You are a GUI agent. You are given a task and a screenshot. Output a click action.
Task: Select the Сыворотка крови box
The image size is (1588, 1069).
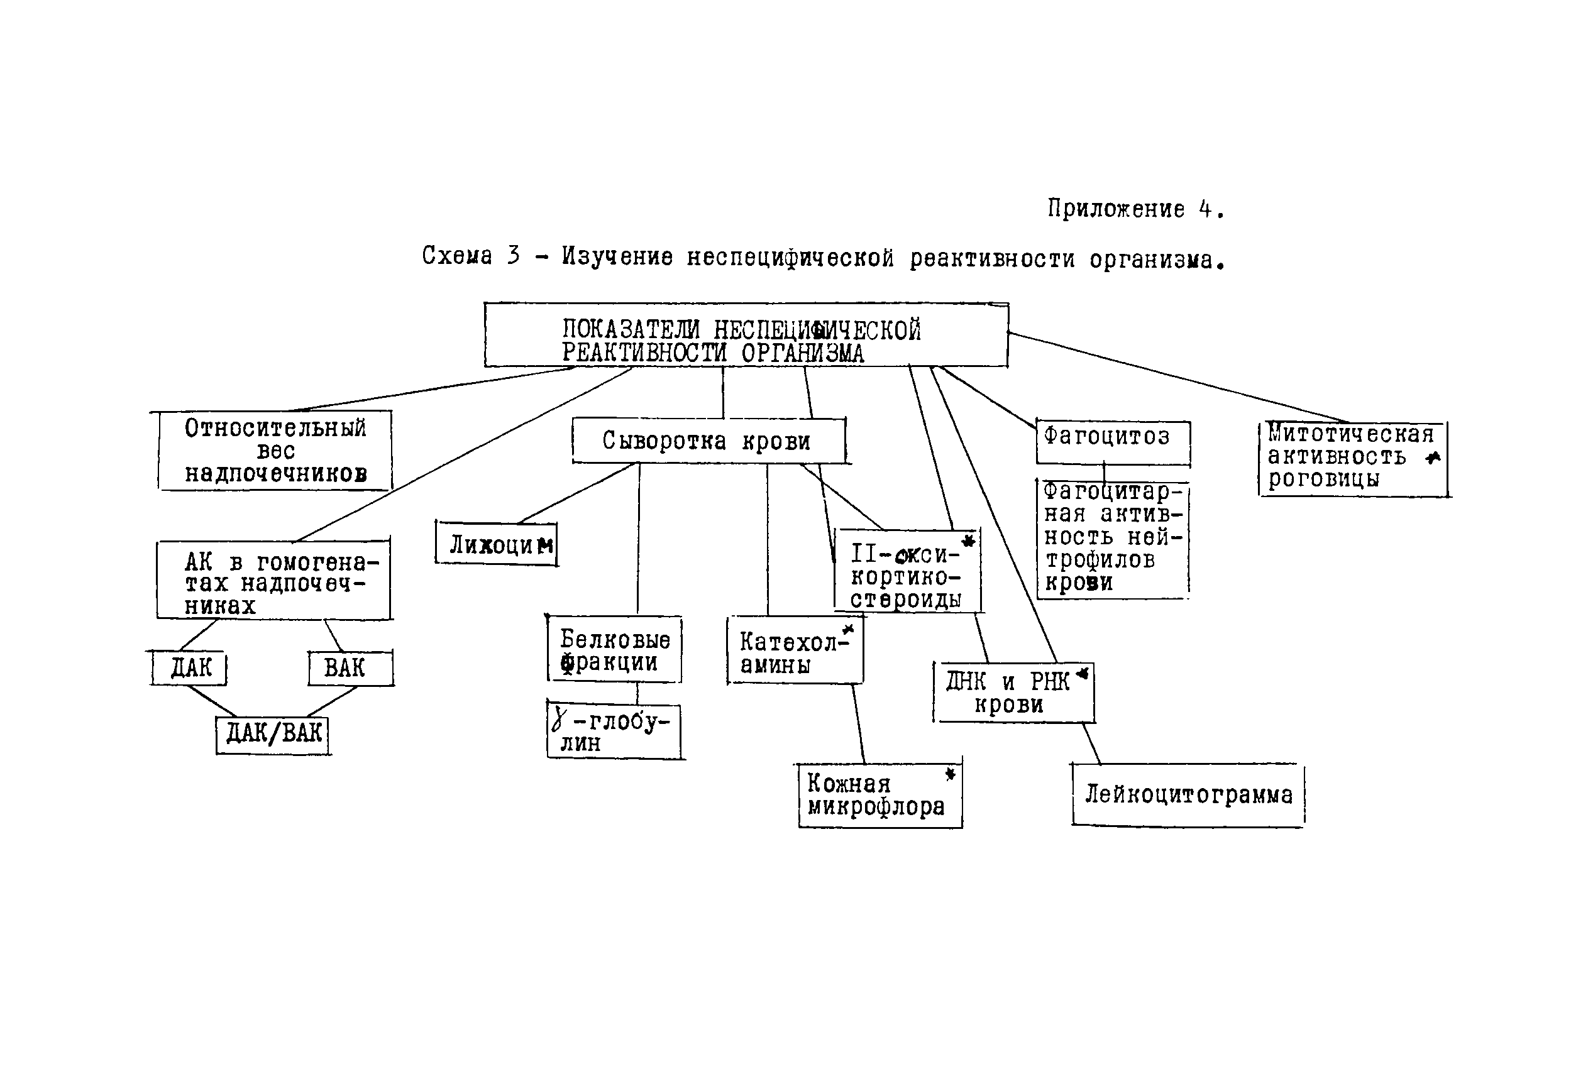pyautogui.click(x=708, y=441)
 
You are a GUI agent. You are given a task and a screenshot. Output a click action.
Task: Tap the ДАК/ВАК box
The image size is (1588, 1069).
pyautogui.click(x=273, y=735)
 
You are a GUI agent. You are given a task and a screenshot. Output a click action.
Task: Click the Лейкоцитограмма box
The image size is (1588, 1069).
pyautogui.click(x=1188, y=795)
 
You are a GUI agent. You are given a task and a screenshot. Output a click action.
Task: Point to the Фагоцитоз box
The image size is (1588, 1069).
pyautogui.click(x=1113, y=442)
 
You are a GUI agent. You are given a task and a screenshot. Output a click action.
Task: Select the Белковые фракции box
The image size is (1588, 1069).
pyautogui.click(x=614, y=650)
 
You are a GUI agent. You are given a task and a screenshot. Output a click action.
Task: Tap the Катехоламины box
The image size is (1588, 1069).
pyautogui.click(x=795, y=651)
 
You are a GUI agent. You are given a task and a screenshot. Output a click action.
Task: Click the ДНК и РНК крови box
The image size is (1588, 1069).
pyautogui.click(x=1013, y=692)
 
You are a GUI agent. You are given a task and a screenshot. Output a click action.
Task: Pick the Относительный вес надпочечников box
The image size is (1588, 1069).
pyautogui.click(x=275, y=451)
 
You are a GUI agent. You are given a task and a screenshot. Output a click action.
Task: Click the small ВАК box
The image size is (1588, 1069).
pyautogui.click(x=350, y=668)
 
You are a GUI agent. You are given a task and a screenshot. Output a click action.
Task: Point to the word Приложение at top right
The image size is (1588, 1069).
pyautogui.click(x=1115, y=209)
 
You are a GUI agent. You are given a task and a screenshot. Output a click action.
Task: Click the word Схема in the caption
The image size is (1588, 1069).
pyautogui.click(x=456, y=256)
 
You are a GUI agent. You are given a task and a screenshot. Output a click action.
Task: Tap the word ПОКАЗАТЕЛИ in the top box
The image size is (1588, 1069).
pyautogui.click(x=630, y=330)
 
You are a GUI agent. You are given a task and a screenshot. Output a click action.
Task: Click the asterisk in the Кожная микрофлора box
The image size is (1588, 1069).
pyautogui.click(x=950, y=774)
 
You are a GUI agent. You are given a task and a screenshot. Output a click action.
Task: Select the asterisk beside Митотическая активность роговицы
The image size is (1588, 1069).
pyautogui.click(x=1433, y=458)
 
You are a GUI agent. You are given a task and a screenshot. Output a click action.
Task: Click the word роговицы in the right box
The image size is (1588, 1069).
pyautogui.click(x=1323, y=479)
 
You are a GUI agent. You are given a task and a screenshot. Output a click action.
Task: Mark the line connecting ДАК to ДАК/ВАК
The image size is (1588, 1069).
pyautogui.click(x=212, y=701)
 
